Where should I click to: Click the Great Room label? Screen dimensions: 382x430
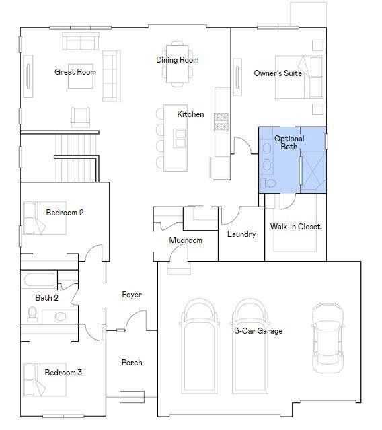pos(75,72)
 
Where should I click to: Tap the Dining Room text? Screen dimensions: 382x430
pos(178,60)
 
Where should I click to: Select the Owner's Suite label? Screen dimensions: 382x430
pos(278,73)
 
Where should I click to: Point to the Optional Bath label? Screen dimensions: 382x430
pos(289,143)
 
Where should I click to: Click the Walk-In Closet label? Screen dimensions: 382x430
pos(295,227)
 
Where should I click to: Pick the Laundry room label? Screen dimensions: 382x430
pos(241,234)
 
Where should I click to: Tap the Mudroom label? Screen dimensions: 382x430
pos(186,240)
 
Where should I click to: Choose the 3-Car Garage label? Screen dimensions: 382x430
pos(258,330)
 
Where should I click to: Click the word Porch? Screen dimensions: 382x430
pos(132,363)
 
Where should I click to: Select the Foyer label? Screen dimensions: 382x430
pos(132,295)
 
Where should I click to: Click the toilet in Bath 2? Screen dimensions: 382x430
pos(32,314)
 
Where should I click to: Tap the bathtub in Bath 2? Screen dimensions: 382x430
pos(40,280)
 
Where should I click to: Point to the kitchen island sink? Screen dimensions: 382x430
pos(180,138)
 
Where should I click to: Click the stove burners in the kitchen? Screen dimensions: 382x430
pos(221,122)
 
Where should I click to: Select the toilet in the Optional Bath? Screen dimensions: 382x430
pos(268,183)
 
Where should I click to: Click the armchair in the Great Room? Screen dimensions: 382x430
pos(81,117)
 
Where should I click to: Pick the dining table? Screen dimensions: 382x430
pos(178,64)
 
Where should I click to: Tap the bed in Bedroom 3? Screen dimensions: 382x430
pos(44,380)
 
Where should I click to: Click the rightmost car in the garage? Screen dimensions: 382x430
pos(328,338)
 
